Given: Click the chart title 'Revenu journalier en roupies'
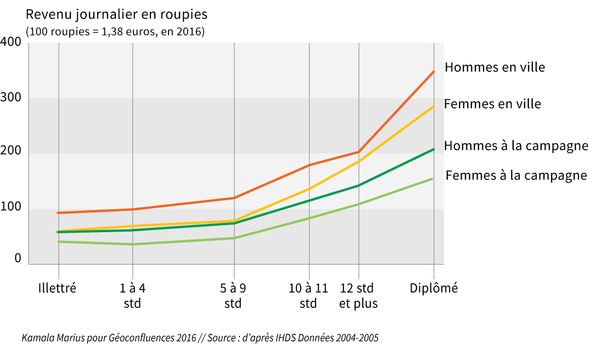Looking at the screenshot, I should [x=116, y=14].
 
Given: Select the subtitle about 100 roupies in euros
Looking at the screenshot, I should [x=115, y=32].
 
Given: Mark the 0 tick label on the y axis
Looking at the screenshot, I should [x=18, y=258].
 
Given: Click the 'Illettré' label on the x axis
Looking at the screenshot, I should [x=58, y=288].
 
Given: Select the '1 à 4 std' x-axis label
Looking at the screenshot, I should [x=132, y=295].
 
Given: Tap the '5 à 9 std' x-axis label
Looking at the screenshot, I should [x=233, y=295].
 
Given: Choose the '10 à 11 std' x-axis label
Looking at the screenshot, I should [x=308, y=295].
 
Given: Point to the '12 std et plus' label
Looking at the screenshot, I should [x=358, y=295].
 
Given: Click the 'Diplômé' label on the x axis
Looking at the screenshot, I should [x=434, y=288].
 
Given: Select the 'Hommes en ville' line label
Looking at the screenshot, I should [x=494, y=67].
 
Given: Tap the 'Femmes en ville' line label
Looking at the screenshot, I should [x=492, y=104].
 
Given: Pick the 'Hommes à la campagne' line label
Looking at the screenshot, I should [x=516, y=146].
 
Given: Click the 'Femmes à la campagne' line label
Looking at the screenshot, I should [x=516, y=176].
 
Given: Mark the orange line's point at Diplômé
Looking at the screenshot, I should [x=434, y=71].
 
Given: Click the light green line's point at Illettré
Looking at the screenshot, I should [x=58, y=241].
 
